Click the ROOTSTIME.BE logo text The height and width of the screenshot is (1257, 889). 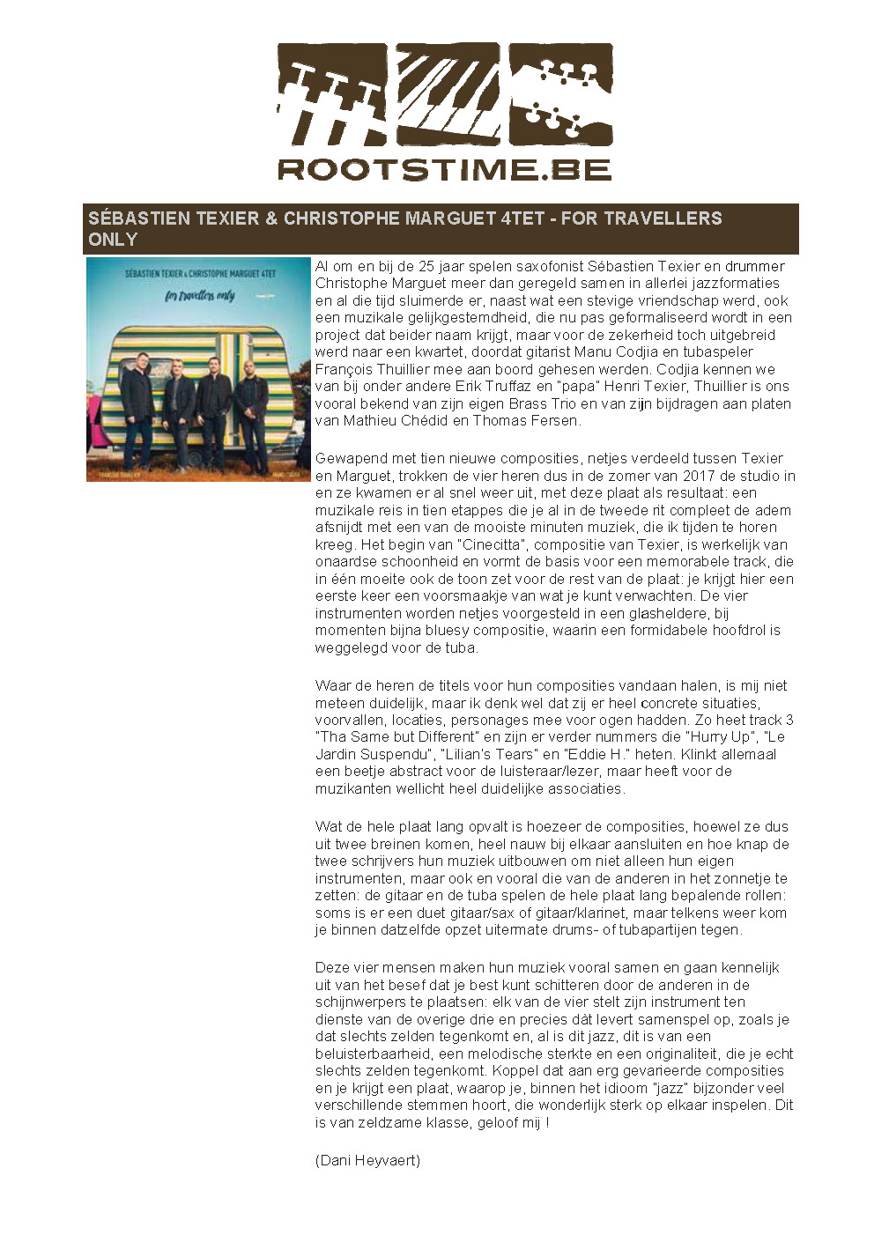pos(444,168)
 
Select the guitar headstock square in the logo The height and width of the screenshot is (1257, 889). pos(560,94)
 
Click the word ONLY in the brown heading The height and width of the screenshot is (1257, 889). pos(113,240)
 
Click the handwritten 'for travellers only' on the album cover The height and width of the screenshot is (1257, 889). pos(200,295)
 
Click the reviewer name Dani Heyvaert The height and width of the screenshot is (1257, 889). pos(367,1160)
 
